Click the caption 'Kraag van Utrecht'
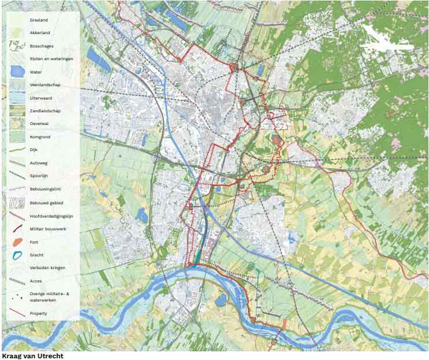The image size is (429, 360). tap(32, 356)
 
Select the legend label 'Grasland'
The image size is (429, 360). tap(39, 20)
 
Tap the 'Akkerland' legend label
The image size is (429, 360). tap(39, 33)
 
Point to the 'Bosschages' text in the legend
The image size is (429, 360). tap(41, 46)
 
